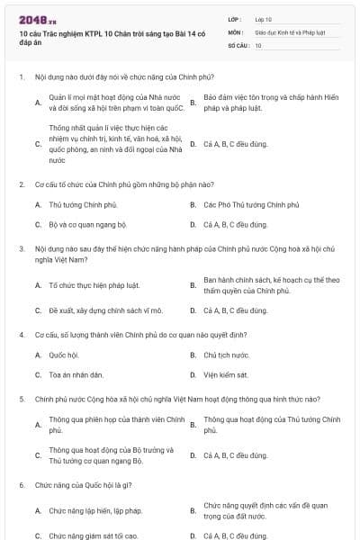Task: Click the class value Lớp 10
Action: pos(264,18)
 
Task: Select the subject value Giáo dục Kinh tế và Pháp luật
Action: pos(287,31)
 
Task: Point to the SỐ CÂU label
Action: pos(237,44)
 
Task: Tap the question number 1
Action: pos(21,77)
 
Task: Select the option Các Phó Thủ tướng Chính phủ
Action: pos(245,204)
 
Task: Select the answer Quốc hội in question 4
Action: pos(65,355)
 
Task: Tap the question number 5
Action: pos(21,397)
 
